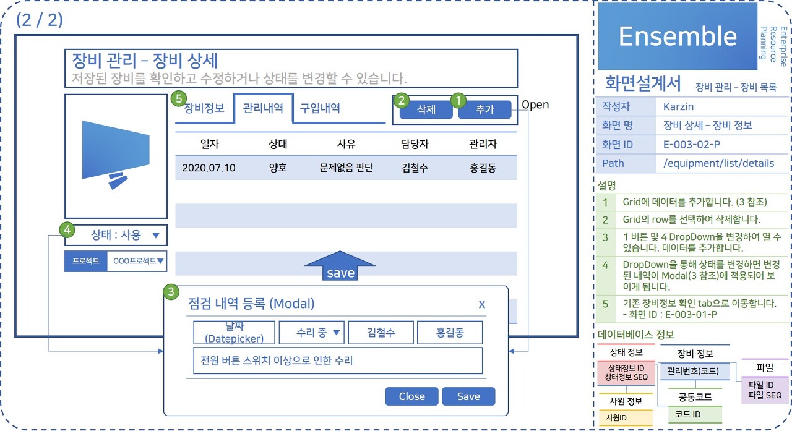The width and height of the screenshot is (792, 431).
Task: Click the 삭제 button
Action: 426,110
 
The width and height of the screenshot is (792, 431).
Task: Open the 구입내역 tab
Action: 320,108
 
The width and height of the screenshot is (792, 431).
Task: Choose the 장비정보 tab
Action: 204,108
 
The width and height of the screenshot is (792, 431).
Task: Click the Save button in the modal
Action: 468,397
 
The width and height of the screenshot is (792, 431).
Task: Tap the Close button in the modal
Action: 411,397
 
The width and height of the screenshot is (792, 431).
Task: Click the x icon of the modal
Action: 482,304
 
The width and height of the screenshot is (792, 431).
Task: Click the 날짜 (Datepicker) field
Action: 233,333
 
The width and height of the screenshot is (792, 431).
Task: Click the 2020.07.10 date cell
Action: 209,168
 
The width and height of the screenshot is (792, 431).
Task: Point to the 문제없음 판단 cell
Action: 346,168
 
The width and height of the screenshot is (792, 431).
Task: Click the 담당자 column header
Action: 415,145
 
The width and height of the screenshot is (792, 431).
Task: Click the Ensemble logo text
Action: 678,36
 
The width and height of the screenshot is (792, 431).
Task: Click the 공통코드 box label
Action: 695,396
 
